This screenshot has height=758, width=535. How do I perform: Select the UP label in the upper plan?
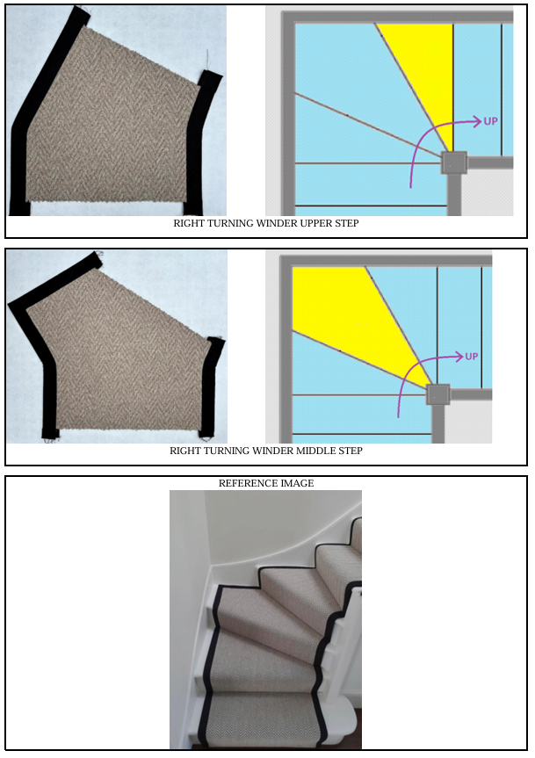coord(490,121)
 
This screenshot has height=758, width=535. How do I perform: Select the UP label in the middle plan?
coord(472,357)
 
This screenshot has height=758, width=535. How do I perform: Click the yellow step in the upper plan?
coord(425,73)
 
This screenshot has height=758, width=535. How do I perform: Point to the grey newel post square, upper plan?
coord(454,162)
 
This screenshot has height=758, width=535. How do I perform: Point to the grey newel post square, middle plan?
coord(437,394)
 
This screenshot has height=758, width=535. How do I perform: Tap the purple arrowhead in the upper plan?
coord(478,121)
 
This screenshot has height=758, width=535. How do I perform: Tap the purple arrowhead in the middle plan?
coord(459,357)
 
